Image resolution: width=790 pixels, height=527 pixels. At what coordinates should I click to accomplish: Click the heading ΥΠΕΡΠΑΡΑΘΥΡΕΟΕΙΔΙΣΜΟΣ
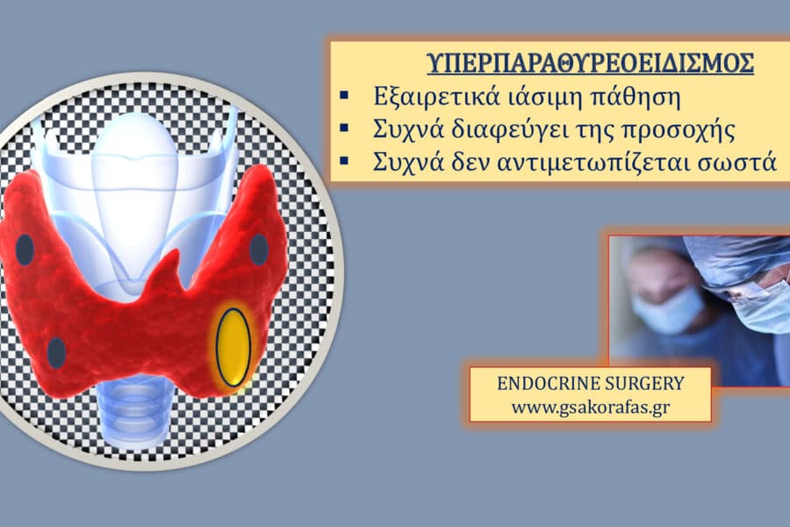coord(590,63)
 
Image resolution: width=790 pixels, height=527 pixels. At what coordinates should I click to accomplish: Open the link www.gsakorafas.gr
coord(590,407)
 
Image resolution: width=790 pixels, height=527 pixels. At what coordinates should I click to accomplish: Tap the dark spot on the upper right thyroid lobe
coord(258,249)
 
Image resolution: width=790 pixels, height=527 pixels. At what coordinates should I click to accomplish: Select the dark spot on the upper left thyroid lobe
coord(25,250)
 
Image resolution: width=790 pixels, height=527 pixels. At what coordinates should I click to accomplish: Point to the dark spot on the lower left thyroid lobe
coord(56,352)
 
